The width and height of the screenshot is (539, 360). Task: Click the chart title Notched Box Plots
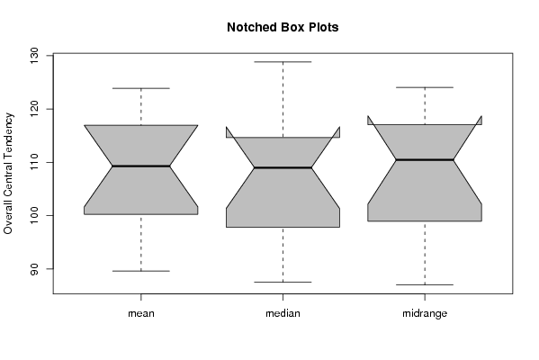point(283,27)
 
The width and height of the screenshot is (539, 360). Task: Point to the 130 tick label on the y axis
point(34,56)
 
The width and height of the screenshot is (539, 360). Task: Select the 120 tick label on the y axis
point(34,109)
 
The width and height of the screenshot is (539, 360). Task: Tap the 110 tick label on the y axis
point(34,162)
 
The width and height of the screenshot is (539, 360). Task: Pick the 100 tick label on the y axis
point(34,216)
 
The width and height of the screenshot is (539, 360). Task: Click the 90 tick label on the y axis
point(34,269)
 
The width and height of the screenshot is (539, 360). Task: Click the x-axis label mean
point(141,313)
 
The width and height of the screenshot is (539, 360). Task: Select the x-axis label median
point(283,313)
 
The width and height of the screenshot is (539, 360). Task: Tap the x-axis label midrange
point(425,313)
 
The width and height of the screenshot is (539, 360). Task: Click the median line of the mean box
point(141,166)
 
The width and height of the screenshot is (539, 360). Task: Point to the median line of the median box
point(283,167)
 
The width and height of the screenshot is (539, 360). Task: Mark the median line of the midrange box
point(425,159)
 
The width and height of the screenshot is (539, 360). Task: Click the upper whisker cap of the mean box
point(141,88)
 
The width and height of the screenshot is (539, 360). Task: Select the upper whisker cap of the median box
point(283,62)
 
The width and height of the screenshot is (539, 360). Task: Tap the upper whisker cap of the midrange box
point(425,87)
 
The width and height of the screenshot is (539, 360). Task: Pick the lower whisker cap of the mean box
point(141,271)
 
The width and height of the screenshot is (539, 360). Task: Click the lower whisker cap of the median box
point(283,282)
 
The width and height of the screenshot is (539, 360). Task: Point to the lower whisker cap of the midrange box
point(425,284)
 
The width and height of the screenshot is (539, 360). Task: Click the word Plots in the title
point(323,27)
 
